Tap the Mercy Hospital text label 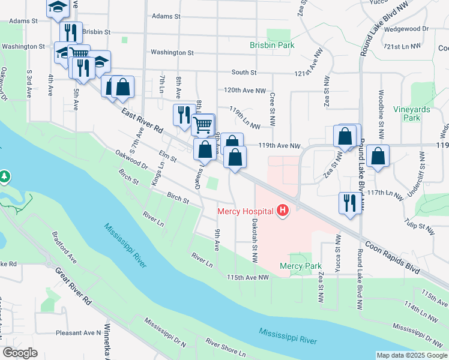pyautogui.click(x=245, y=211)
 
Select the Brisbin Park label pyautogui.click(x=272, y=45)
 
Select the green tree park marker pyautogui.click(x=5, y=176)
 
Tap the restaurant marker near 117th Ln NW pyautogui.click(x=349, y=202)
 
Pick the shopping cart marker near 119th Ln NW pyautogui.click(x=203, y=125)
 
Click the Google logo pyautogui.click(x=20, y=353)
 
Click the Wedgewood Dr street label pyautogui.click(x=408, y=28)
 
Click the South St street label pyautogui.click(x=244, y=72)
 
